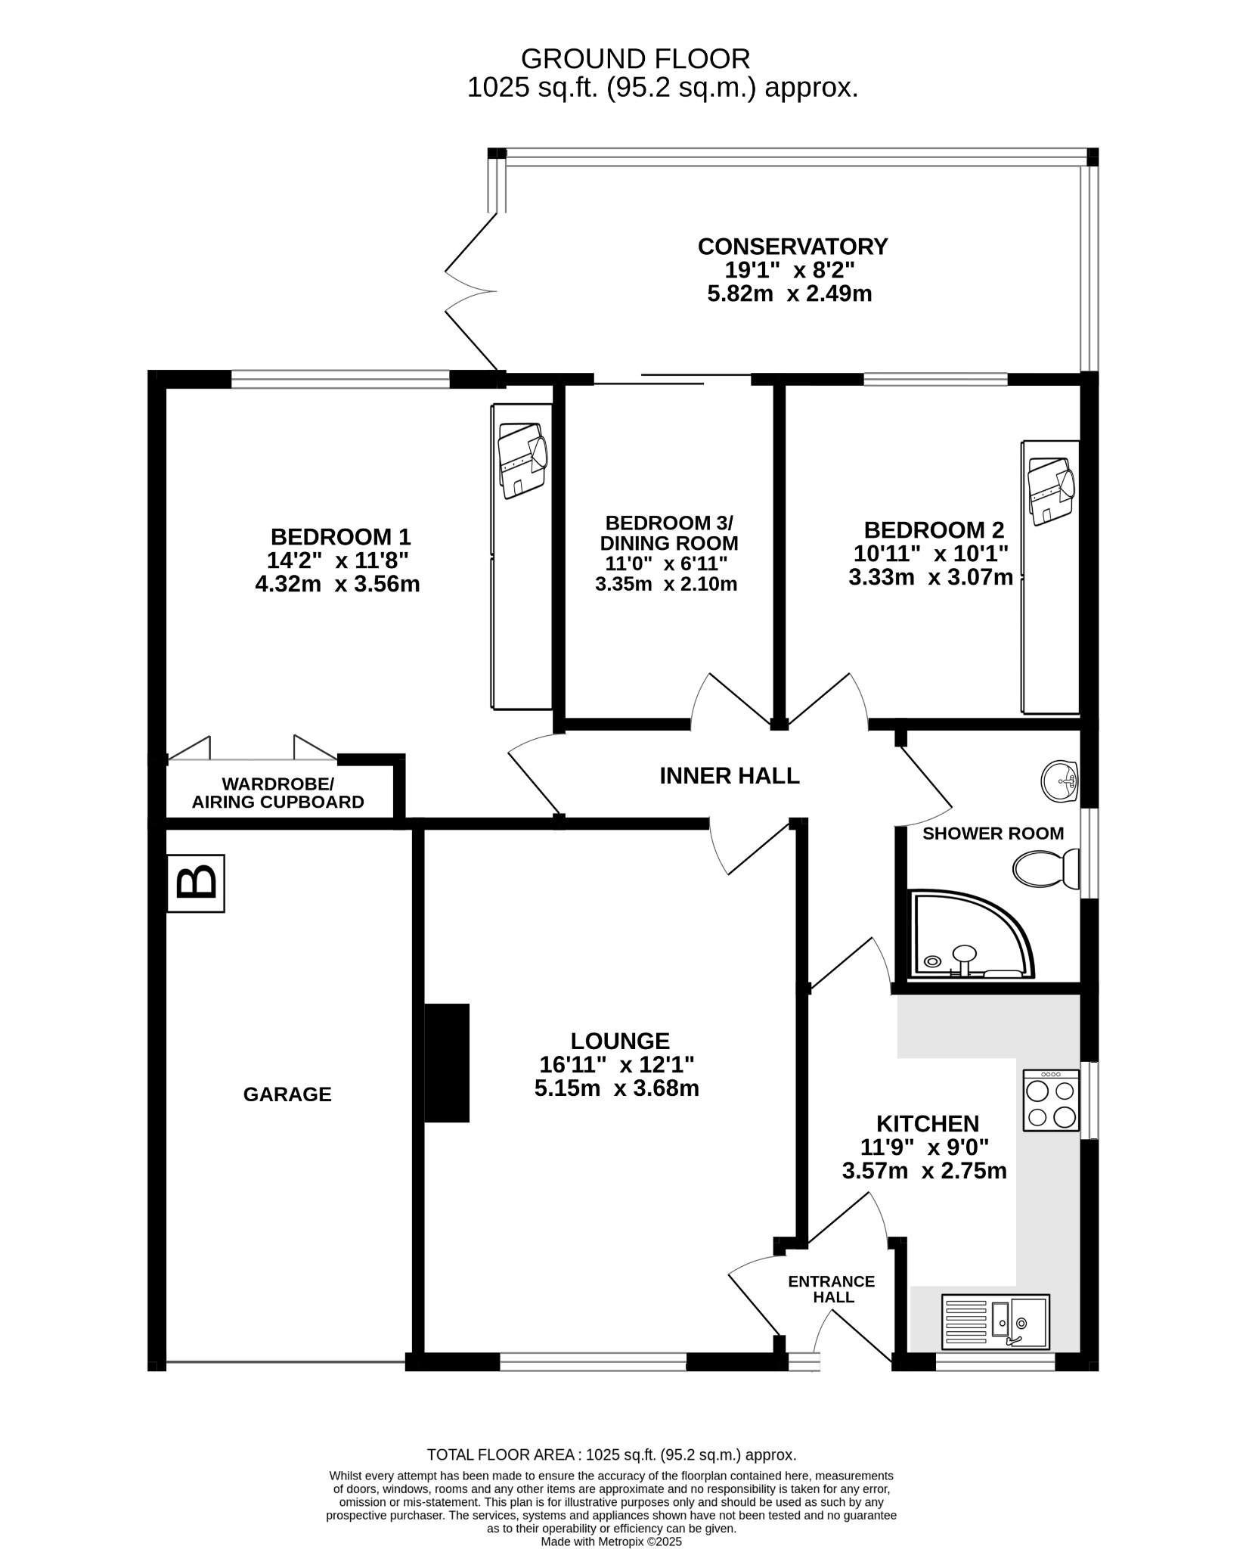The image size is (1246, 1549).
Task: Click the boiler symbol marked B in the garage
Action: (x=196, y=883)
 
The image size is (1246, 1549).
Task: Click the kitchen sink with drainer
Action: (x=996, y=1321)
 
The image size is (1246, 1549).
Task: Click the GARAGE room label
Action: (x=287, y=1094)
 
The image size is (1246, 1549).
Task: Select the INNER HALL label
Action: (x=730, y=776)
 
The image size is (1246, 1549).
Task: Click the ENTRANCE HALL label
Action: (x=832, y=1290)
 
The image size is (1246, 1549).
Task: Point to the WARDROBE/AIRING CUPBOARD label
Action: (x=278, y=793)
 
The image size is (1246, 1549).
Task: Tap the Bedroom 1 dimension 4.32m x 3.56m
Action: (x=338, y=585)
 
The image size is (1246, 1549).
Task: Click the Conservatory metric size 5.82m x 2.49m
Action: (x=790, y=293)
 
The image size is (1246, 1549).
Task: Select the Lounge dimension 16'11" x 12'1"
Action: (x=617, y=1065)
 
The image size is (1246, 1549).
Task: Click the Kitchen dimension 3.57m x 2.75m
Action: (x=925, y=1172)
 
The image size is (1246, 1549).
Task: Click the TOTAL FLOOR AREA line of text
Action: (x=612, y=1454)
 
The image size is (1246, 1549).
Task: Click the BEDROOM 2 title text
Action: (x=935, y=529)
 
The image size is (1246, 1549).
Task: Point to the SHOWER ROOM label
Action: (x=993, y=833)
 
